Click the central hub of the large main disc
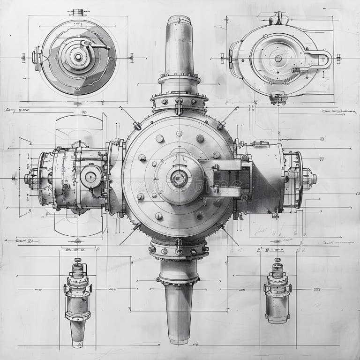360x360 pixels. tap(179, 178)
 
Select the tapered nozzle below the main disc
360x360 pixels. tap(179, 309)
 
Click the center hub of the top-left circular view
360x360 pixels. tap(78, 57)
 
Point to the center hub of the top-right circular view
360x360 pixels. tap(278, 59)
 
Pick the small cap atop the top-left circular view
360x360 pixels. tap(78, 12)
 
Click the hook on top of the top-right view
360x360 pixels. tap(278, 18)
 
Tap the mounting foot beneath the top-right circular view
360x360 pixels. tap(278, 98)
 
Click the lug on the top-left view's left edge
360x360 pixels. tap(36, 58)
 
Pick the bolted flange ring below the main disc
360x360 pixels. tap(179, 251)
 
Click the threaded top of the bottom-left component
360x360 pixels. tap(77, 268)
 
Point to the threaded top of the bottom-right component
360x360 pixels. tap(278, 270)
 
